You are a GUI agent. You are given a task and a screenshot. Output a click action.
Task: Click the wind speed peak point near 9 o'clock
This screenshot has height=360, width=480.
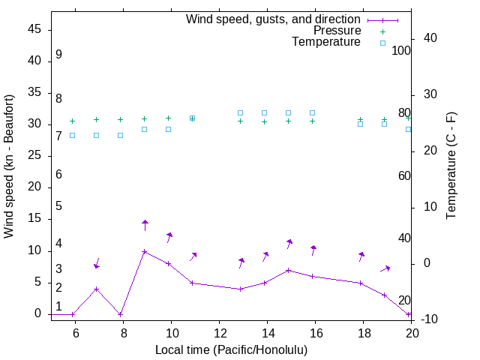[145, 251]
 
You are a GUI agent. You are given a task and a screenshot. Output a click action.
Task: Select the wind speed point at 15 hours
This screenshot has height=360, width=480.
[289, 270]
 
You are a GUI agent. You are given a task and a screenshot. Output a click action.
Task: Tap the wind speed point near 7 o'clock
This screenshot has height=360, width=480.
[97, 289]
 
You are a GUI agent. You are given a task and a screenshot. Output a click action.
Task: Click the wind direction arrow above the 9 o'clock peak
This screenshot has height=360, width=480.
[145, 225]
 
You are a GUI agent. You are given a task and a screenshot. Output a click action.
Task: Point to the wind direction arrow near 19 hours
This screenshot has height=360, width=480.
[385, 268]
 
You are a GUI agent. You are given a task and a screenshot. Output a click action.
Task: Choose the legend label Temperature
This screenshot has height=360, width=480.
[326, 43]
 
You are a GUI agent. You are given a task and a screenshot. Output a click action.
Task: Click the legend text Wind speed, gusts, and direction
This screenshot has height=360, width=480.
[274, 19]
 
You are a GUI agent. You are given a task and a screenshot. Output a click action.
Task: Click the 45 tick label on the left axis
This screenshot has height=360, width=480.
[34, 29]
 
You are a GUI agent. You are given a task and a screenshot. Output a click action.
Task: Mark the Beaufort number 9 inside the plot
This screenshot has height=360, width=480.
[58, 55]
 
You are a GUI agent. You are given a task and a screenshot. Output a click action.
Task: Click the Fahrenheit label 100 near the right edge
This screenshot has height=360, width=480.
[402, 50]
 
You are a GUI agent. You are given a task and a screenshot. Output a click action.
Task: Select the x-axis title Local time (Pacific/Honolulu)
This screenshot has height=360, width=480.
[231, 349]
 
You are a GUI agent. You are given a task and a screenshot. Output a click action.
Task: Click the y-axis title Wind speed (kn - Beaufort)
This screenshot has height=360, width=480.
[9, 166]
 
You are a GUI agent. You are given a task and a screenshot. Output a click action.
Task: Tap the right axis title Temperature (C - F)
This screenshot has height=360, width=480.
[451, 166]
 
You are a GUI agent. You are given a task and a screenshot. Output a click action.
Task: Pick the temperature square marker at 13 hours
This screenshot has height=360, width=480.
[241, 112]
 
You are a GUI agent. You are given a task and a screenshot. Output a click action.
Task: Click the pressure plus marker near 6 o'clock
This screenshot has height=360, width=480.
[73, 121]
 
